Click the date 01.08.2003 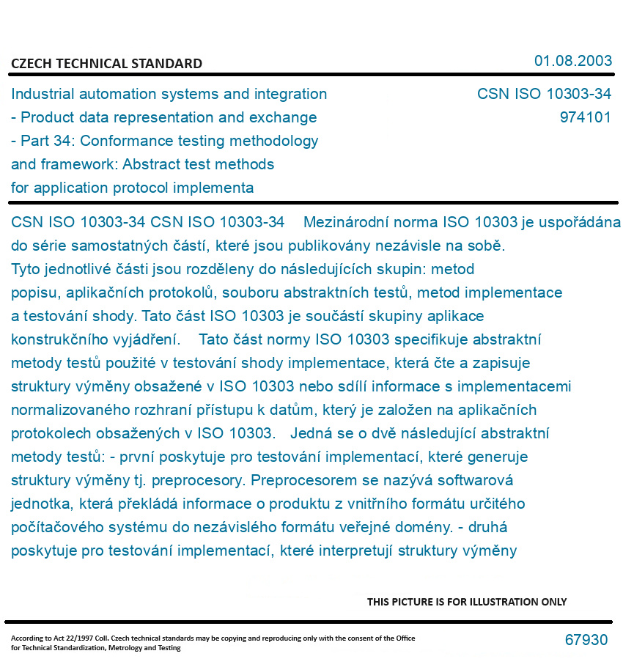573,61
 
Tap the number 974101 585,117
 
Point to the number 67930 586,640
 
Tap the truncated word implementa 217,188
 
